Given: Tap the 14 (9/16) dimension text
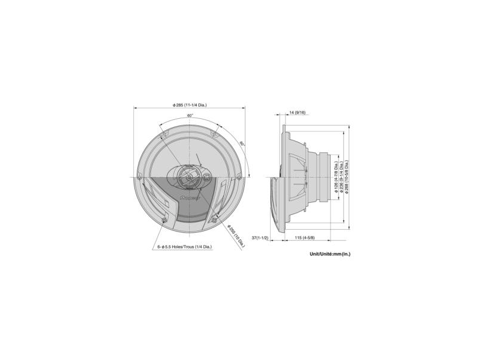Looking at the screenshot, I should coord(297,112).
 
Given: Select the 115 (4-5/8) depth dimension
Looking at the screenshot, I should coord(305,238).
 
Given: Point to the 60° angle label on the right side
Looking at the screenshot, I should coord(242,144).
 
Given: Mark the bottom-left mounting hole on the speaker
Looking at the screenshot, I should coord(164,222).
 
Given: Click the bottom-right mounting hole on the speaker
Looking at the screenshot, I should coord(215,222).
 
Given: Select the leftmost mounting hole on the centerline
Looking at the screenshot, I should coord(139,178).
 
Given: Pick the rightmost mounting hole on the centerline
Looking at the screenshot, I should coord(240,178).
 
